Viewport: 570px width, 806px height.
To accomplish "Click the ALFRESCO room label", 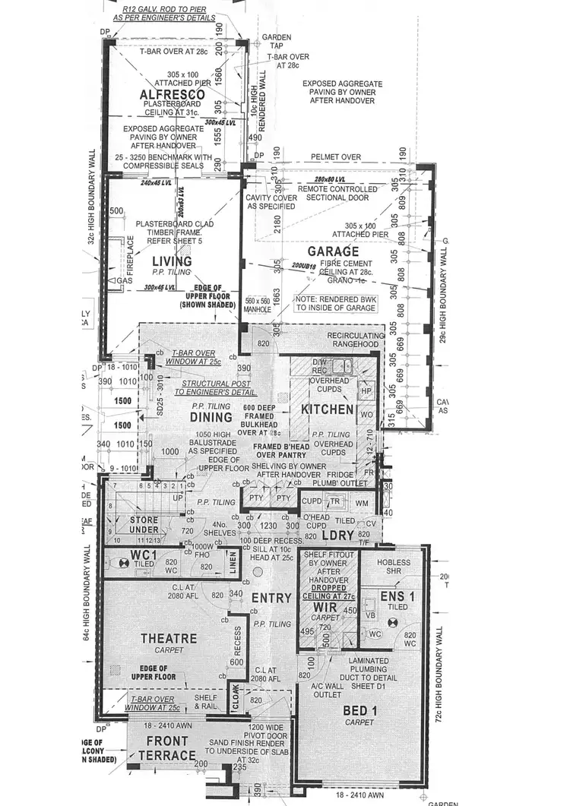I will (x=173, y=93).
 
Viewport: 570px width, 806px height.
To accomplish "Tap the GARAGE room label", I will (x=333, y=251).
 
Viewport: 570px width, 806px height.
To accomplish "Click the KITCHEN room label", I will (x=328, y=409).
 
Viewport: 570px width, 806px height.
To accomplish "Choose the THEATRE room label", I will (x=169, y=638).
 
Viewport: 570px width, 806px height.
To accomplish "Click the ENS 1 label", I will (x=396, y=597).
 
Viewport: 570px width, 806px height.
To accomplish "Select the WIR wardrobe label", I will (x=325, y=607).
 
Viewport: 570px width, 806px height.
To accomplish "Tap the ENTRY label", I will (x=271, y=598).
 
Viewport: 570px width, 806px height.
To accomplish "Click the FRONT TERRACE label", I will (x=168, y=748).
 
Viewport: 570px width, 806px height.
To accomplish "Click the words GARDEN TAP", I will (x=271, y=41).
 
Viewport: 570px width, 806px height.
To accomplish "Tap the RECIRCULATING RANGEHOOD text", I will (x=353, y=340).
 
